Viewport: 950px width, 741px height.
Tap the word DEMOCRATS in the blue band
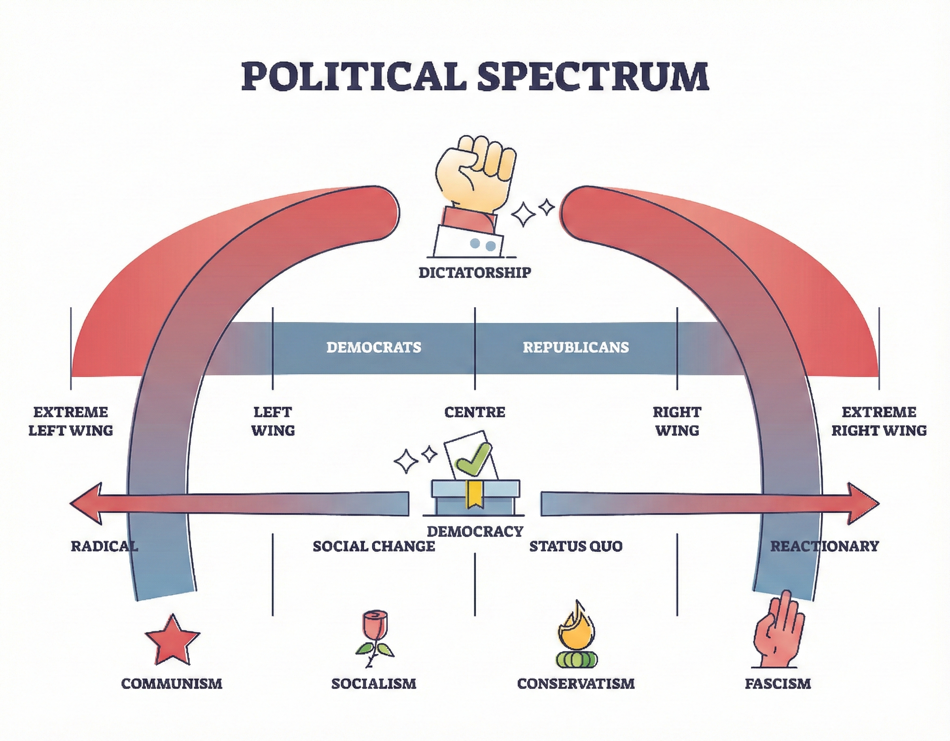click(374, 347)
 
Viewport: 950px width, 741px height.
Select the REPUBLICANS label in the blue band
click(575, 347)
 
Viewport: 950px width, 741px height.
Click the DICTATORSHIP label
click(475, 273)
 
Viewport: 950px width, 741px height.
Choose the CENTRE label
click(475, 412)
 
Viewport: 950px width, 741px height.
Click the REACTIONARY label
click(824, 546)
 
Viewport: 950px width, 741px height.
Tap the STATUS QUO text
click(575, 546)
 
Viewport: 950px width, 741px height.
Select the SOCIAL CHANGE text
click(374, 546)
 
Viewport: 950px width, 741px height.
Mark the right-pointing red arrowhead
click(863, 503)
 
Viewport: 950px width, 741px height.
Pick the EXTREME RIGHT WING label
click(879, 421)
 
